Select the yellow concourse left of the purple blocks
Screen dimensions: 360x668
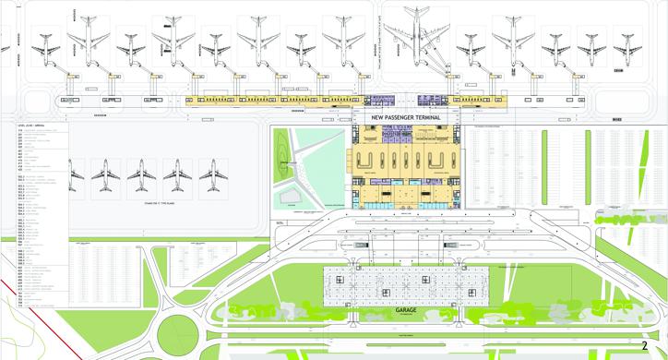277,100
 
